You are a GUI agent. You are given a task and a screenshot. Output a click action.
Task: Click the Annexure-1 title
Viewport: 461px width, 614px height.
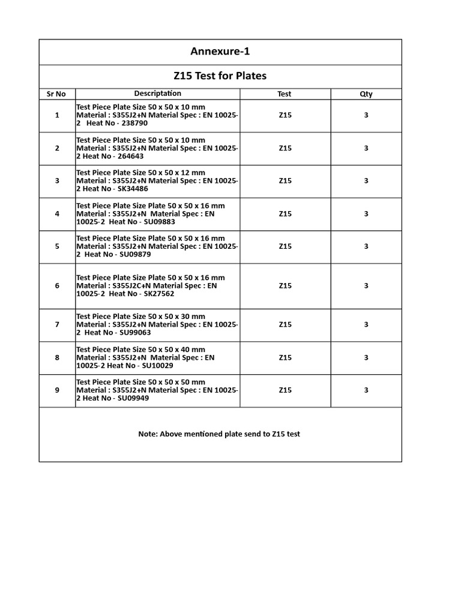tap(220, 52)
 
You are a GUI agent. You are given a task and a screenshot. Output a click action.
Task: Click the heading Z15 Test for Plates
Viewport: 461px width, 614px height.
tap(220, 76)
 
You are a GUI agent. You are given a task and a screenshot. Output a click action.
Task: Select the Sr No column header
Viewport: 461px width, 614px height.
tap(57, 94)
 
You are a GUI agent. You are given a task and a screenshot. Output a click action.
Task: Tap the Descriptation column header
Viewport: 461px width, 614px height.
tap(157, 94)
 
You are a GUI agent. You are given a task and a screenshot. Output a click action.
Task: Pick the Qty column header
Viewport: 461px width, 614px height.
tap(366, 94)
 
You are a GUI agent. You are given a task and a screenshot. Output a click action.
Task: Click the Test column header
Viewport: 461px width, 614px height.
tap(285, 94)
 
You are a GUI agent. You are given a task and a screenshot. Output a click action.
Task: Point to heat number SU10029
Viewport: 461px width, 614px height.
tap(155, 366)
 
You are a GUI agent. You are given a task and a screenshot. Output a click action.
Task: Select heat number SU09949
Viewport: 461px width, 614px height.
tap(133, 398)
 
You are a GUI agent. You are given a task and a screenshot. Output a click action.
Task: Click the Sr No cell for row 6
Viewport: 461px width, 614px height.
tap(57, 286)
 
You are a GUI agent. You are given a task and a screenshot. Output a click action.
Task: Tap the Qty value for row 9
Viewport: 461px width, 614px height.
tap(366, 390)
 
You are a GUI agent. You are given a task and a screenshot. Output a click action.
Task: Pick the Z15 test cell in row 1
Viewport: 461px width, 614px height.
tap(285, 115)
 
